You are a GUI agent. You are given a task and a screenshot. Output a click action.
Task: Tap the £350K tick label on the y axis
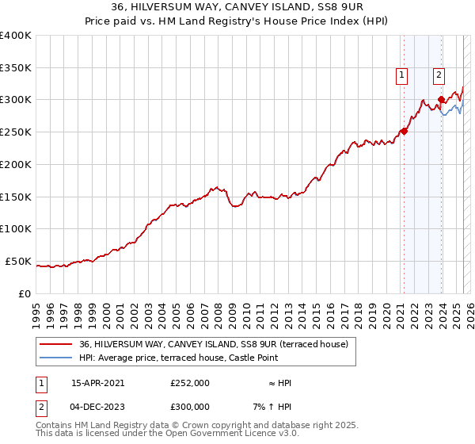(x=16, y=67)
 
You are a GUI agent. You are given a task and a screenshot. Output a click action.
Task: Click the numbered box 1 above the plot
(x=402, y=75)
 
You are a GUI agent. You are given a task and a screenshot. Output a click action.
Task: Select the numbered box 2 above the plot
(x=439, y=75)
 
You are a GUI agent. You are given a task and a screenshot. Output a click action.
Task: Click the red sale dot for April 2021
(x=404, y=132)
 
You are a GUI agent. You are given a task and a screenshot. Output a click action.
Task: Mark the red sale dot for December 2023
(x=441, y=100)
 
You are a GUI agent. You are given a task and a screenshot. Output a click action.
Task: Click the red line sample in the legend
(x=56, y=344)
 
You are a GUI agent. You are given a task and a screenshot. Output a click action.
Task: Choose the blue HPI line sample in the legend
(x=56, y=358)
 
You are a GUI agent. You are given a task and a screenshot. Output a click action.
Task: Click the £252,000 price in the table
(x=189, y=383)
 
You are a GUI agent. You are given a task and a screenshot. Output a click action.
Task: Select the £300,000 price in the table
(x=189, y=407)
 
